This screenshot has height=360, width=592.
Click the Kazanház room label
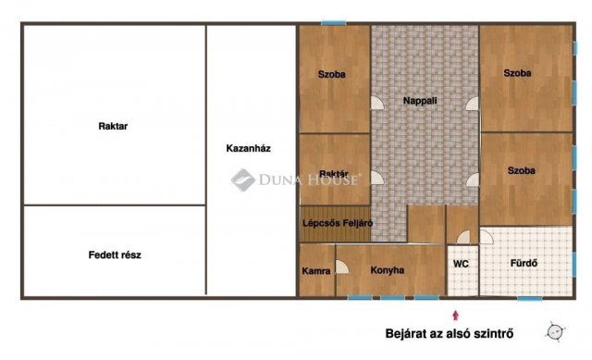(248, 148)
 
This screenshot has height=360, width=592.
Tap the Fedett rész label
(115, 254)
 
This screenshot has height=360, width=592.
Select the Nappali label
(421, 100)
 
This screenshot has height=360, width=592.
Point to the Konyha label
(388, 271)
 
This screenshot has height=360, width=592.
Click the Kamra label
(315, 271)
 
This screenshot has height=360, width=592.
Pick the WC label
(461, 264)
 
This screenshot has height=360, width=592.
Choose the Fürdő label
(524, 263)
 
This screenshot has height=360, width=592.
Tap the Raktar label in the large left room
(113, 127)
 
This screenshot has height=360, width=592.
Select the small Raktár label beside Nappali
(333, 174)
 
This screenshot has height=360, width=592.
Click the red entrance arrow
(454, 317)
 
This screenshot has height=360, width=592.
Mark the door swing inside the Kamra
(341, 267)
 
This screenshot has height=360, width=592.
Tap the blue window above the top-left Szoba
(333, 22)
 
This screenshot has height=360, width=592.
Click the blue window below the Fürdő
(529, 298)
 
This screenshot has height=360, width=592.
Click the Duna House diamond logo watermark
(242, 180)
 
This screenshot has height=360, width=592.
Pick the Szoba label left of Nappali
(332, 75)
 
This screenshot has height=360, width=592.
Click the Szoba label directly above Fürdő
(523, 170)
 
